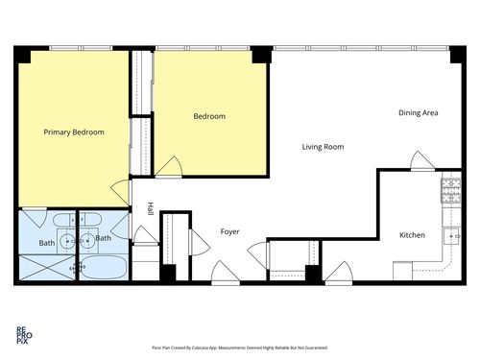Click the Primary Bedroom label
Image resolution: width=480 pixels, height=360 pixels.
(74, 132)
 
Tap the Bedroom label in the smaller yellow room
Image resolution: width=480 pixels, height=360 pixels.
(209, 116)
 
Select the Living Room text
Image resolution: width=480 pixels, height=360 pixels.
(323, 147)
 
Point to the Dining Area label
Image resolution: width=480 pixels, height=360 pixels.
(418, 113)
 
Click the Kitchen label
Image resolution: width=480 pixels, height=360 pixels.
(412, 235)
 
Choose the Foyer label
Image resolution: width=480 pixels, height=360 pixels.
(229, 231)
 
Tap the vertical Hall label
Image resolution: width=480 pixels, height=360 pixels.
(150, 208)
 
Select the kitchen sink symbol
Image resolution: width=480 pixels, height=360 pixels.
(452, 234)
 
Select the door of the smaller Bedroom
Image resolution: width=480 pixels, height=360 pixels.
(169, 168)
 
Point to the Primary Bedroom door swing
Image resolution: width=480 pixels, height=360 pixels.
(121, 191)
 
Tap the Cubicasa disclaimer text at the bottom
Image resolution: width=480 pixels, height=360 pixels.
(239, 348)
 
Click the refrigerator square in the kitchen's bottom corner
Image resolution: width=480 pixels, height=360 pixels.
(402, 272)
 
